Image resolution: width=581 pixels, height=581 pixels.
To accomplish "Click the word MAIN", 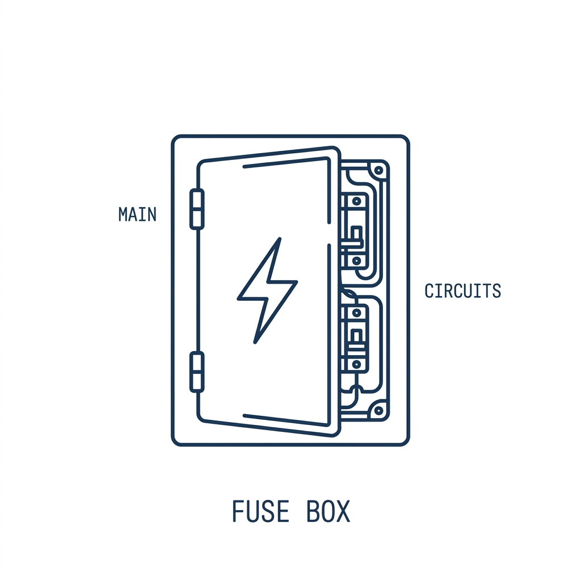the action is coord(137,214).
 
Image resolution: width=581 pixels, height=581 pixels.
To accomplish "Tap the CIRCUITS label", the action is coord(463,291).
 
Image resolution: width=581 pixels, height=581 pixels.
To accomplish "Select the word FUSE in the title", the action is coord(260,511).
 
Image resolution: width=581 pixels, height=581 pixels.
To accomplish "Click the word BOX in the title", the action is coord(329,511).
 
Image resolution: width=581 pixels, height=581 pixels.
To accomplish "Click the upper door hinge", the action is coord(197,209).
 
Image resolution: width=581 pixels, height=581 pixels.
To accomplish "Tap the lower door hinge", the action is coord(197,372).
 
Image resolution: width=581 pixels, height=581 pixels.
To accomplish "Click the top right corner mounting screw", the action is coord(378,170).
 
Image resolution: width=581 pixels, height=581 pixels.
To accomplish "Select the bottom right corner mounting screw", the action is coord(378,411).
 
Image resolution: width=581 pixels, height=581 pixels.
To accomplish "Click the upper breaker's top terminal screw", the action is coord(356,201).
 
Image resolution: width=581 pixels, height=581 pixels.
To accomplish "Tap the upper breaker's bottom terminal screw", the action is coord(356,261).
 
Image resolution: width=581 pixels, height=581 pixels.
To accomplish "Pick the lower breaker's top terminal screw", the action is coord(356,313).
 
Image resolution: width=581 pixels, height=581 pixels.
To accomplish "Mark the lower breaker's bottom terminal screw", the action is coord(356,364).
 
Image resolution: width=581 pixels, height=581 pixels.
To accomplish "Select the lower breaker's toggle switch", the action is coord(356,338).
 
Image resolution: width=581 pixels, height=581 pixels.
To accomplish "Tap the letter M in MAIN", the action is coord(123,214).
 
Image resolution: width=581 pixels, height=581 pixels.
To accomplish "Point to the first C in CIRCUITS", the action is coord(429,291).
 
